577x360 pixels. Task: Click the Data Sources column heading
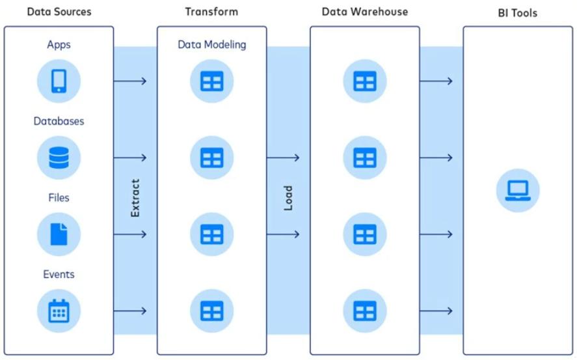[x=59, y=12]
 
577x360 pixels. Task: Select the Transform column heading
[x=211, y=12]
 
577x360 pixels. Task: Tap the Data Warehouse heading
[x=365, y=12]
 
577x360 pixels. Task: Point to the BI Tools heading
[x=518, y=13]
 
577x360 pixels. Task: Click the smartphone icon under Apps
[x=59, y=81]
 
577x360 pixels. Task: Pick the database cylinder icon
[x=59, y=158]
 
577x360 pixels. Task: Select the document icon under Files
[x=59, y=234]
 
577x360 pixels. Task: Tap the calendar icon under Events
[x=59, y=311]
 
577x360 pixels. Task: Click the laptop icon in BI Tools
[x=518, y=189]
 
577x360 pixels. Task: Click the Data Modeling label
[x=211, y=45]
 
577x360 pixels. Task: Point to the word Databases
[x=59, y=121]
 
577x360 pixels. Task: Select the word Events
[x=59, y=274]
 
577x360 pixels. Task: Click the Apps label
[x=59, y=45]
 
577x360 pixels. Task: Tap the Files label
[x=59, y=197]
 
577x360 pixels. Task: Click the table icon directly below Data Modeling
[x=211, y=81]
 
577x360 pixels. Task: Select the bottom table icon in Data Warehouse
[x=365, y=311]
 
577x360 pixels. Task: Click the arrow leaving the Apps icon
[x=130, y=81]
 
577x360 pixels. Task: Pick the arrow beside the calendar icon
[x=130, y=311]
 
